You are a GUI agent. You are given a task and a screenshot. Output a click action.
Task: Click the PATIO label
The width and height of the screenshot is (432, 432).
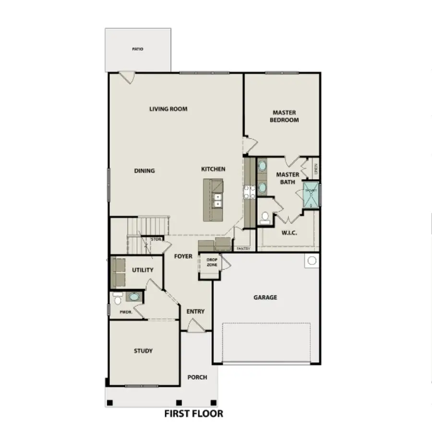pos(138,49)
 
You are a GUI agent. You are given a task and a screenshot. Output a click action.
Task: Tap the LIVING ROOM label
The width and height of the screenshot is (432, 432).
pos(168,109)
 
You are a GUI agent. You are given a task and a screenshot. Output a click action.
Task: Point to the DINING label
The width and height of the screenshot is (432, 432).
pos(144,171)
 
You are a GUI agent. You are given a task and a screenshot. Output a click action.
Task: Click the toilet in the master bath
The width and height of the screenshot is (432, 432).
pos(264,219)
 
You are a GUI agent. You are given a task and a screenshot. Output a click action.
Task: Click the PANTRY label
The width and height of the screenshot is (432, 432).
pos(244,249)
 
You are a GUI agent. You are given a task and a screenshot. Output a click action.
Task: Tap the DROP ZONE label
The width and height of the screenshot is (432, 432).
pos(212,262)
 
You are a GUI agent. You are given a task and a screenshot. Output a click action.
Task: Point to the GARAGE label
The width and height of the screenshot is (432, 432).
pos(265,298)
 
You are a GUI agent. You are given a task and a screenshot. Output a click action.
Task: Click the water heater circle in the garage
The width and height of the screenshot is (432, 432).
pos(312,261)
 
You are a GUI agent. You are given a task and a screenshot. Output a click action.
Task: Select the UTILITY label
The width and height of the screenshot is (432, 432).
pos(143,270)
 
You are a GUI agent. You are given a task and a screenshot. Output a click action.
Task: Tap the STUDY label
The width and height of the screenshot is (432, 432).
pos(143,351)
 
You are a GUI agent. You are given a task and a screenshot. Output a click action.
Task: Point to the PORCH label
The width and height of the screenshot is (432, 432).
pos(197,377)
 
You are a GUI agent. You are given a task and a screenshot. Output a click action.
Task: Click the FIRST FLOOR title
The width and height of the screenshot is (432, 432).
pos(193,413)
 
